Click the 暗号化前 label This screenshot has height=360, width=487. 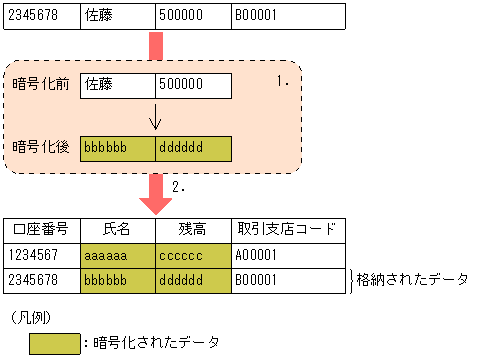41,85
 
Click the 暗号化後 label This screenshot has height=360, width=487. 41,147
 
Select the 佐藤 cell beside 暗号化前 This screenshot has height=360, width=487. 117,85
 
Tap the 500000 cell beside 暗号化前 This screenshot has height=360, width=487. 193,85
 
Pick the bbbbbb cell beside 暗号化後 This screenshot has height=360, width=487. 117,148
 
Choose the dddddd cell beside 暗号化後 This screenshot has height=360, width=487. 193,148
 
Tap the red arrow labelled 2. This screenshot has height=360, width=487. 155,193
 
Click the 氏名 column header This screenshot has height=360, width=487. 117,230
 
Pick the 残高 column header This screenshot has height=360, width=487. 193,230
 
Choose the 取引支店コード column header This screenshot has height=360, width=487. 288,230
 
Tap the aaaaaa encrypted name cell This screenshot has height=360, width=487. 117,255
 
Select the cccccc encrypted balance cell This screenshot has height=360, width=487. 193,255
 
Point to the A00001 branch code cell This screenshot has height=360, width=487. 288,255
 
